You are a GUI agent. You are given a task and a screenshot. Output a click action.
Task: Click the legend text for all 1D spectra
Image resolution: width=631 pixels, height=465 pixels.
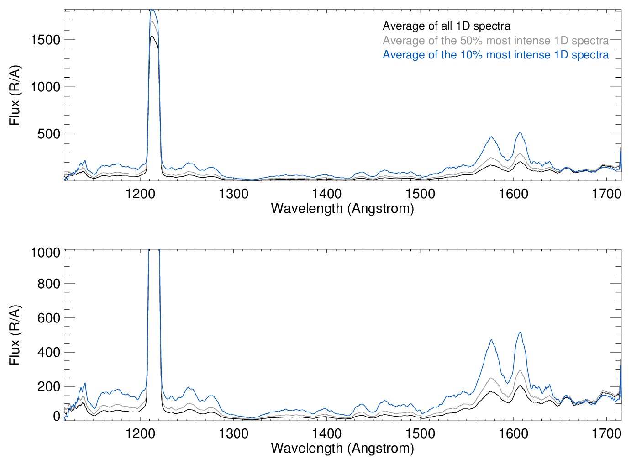(447, 26)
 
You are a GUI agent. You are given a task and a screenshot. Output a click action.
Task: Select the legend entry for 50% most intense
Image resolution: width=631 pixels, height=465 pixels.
(495, 41)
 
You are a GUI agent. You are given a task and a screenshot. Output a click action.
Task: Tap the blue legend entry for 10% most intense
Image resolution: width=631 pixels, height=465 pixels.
(495, 55)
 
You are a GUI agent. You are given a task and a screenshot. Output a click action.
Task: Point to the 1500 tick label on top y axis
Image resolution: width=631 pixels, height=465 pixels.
(45, 40)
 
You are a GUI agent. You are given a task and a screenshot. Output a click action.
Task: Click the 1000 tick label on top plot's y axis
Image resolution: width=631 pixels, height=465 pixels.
(45, 87)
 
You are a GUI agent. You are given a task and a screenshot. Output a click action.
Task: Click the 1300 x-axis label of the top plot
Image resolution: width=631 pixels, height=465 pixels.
(233, 194)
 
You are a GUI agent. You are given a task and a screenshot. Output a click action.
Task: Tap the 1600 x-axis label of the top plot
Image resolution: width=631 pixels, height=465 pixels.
(513, 194)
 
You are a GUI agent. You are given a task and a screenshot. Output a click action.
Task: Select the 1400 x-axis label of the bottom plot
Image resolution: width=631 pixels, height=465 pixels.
(326, 433)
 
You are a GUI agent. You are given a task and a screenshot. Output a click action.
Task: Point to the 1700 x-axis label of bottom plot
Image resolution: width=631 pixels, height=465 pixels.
(606, 433)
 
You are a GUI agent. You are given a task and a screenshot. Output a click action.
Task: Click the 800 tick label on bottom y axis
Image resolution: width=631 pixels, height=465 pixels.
(49, 284)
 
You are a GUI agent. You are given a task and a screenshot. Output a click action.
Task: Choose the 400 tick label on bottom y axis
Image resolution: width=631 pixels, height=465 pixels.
(49, 352)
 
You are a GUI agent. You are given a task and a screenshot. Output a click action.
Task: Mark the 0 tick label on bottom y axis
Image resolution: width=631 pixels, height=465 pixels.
(57, 416)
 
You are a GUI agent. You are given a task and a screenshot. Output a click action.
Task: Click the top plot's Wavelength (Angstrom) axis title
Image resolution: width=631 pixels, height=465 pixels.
(342, 208)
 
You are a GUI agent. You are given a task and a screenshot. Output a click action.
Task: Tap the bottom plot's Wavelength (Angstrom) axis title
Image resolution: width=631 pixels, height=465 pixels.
(342, 448)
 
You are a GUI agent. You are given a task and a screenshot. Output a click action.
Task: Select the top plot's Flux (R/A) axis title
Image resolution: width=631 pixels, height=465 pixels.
(15, 95)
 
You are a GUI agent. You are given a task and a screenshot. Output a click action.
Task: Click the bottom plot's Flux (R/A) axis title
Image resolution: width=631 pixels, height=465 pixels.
(15, 335)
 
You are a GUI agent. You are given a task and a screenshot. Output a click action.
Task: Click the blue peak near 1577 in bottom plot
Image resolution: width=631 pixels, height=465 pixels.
(491, 340)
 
